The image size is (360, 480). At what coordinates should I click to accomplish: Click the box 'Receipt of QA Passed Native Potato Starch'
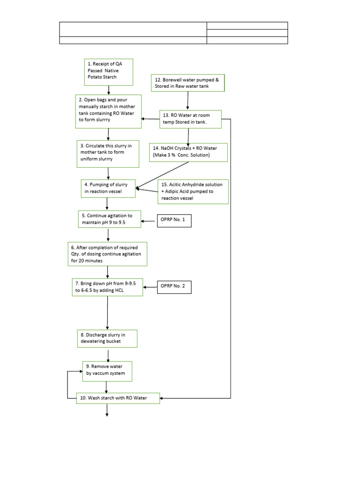[108, 72]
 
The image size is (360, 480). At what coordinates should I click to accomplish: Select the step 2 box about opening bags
[108, 111]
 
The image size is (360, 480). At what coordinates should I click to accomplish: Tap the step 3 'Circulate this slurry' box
[108, 154]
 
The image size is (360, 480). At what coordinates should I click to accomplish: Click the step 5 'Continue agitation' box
[109, 219]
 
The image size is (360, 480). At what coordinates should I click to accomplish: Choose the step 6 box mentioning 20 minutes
[107, 254]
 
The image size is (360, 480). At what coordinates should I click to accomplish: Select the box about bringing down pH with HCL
[108, 287]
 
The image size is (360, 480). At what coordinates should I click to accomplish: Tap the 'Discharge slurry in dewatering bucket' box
[107, 338]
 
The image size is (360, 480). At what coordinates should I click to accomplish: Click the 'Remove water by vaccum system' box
[107, 371]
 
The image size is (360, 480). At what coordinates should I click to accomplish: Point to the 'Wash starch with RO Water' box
[118, 398]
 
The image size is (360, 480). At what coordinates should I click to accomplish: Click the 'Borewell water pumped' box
[188, 83]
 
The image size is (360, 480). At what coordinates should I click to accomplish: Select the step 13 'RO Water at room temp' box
[190, 119]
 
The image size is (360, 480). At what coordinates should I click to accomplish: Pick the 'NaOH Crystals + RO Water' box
[188, 152]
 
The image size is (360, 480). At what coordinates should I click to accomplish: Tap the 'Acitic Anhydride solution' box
[193, 191]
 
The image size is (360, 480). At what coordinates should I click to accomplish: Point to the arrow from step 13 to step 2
[150, 119]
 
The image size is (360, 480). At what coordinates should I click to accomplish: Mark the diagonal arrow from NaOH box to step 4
[162, 175]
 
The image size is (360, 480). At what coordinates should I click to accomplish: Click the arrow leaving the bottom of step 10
[107, 409]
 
